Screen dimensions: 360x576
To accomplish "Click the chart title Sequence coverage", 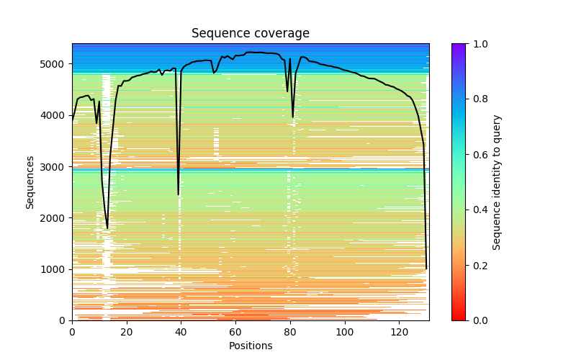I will (x=250, y=34).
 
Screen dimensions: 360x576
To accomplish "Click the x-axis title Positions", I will (x=250, y=346).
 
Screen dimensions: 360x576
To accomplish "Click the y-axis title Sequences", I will (x=30, y=181).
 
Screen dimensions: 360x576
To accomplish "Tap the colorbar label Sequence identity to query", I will (x=497, y=182).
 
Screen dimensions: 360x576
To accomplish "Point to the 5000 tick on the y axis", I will (x=55, y=64).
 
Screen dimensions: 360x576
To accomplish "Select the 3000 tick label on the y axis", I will (x=55, y=167).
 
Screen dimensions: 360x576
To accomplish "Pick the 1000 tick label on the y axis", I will (x=55, y=269).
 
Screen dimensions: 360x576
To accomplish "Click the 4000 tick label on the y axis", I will (x=55, y=115).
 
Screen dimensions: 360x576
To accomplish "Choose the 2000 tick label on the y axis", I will (x=55, y=218).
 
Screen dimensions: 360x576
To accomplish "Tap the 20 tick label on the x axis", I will (x=127, y=332).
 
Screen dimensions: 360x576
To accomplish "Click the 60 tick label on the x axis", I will (x=235, y=332).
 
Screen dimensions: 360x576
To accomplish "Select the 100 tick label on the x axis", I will (x=345, y=332).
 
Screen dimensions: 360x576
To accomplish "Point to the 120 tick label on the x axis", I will (x=400, y=332).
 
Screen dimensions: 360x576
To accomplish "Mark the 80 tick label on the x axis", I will (x=290, y=332).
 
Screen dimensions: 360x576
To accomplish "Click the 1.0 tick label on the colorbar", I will (x=480, y=44).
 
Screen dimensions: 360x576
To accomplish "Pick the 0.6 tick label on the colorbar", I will (x=480, y=155).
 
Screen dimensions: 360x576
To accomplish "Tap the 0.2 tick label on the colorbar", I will (x=480, y=265).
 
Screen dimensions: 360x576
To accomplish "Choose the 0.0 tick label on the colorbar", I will (x=480, y=320).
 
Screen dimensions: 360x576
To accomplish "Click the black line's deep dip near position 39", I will (x=179, y=194).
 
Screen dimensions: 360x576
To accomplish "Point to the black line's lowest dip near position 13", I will (x=107, y=228).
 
